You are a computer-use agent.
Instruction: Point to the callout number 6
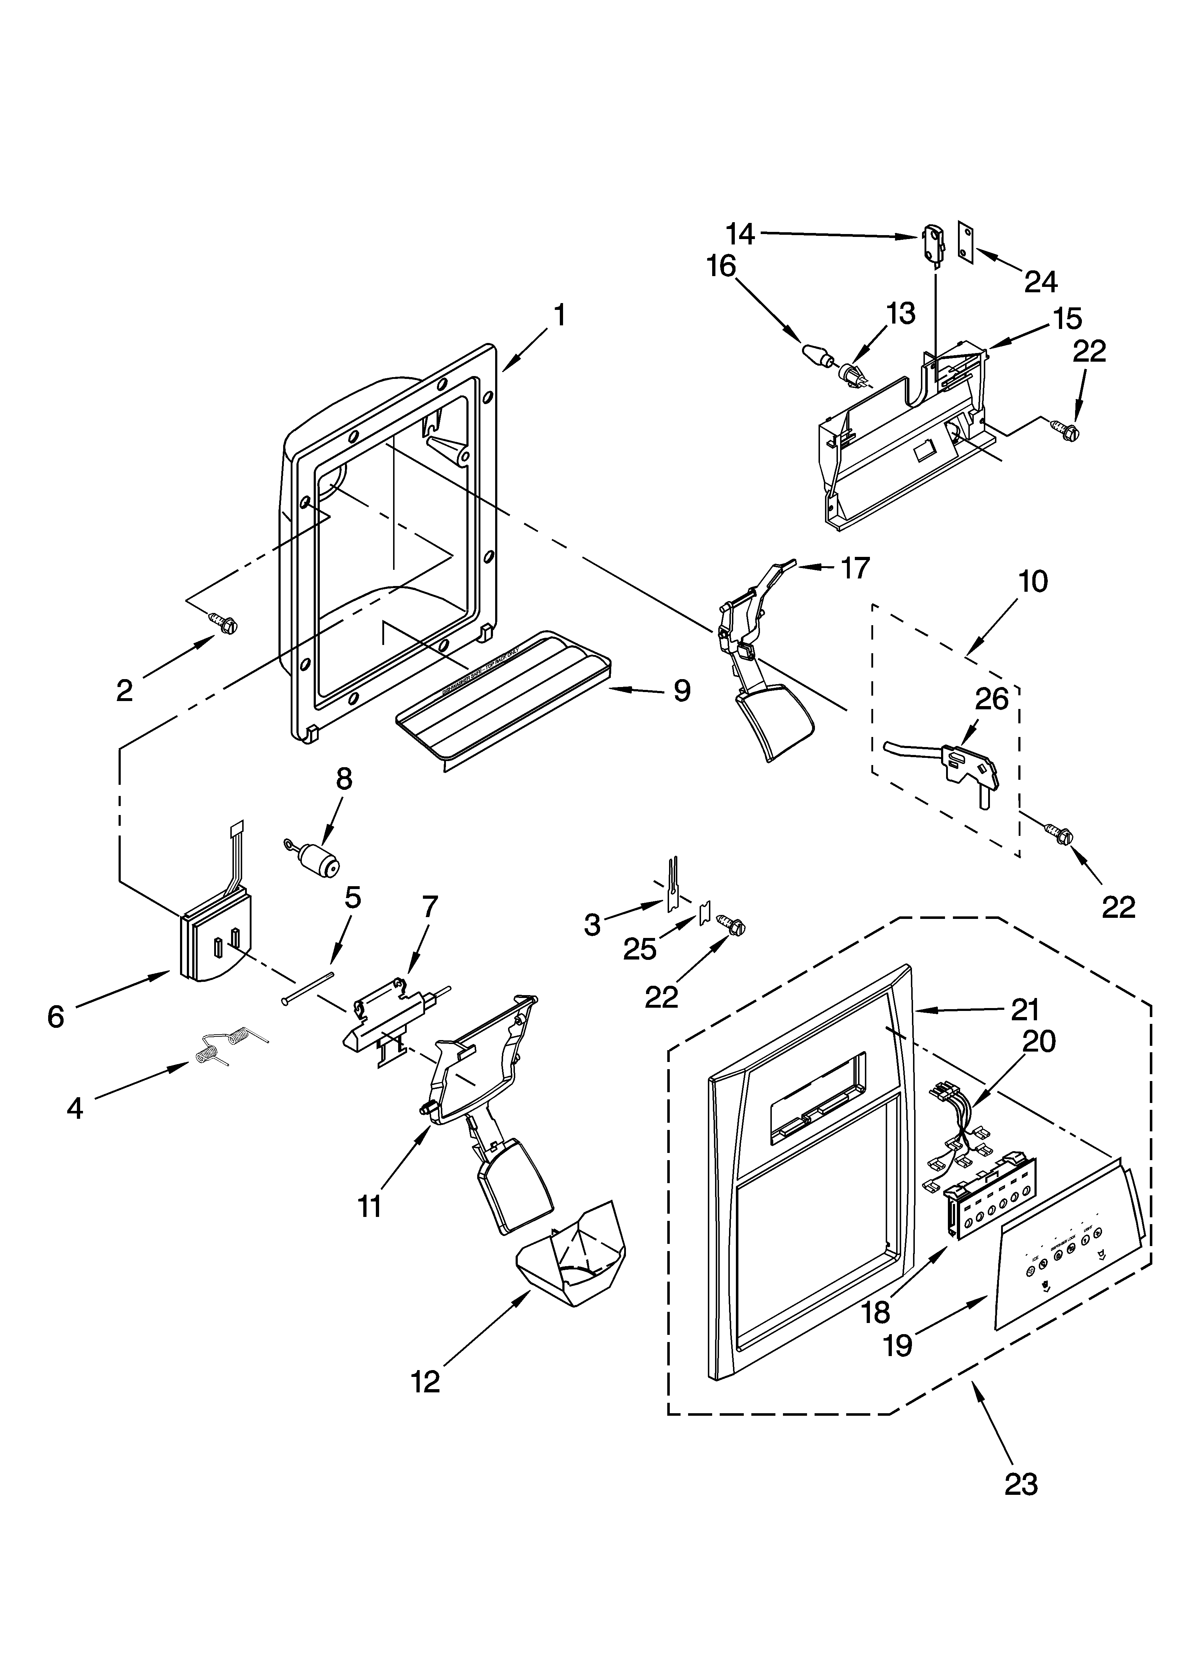pyautogui.click(x=56, y=1016)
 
